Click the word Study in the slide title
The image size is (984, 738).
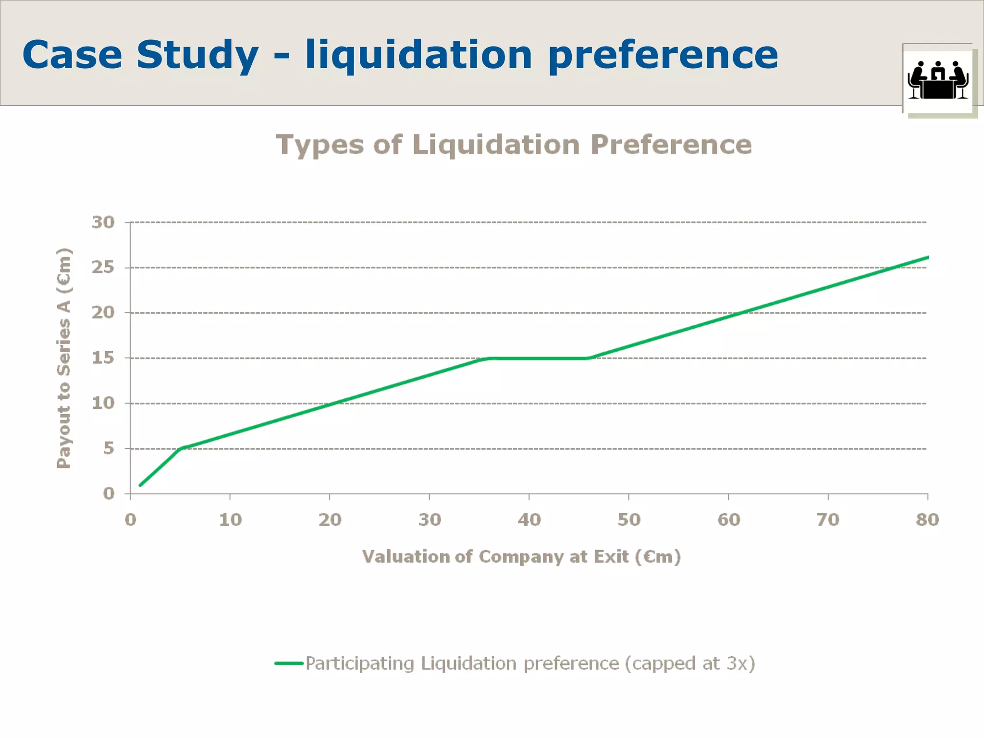tap(197, 55)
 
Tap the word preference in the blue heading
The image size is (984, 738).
tap(663, 55)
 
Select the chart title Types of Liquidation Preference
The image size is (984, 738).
tap(514, 145)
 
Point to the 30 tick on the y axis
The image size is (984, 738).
tap(103, 222)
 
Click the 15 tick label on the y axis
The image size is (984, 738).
tap(103, 358)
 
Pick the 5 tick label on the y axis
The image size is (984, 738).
tap(109, 448)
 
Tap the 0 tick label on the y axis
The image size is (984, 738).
tap(109, 493)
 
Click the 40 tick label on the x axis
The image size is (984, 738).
tap(529, 520)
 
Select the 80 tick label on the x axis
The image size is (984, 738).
tap(927, 520)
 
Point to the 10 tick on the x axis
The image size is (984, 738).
tap(230, 520)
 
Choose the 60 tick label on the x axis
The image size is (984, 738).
tap(728, 520)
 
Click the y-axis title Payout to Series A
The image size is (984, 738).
tap(64, 358)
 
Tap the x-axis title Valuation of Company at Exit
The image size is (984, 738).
tap(521, 557)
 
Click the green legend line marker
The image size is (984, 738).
tap(289, 664)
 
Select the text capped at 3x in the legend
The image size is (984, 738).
tap(690, 664)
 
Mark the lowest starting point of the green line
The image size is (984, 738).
tap(140, 485)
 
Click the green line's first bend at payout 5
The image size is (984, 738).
tap(181, 448)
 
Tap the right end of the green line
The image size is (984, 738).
tap(927, 258)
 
